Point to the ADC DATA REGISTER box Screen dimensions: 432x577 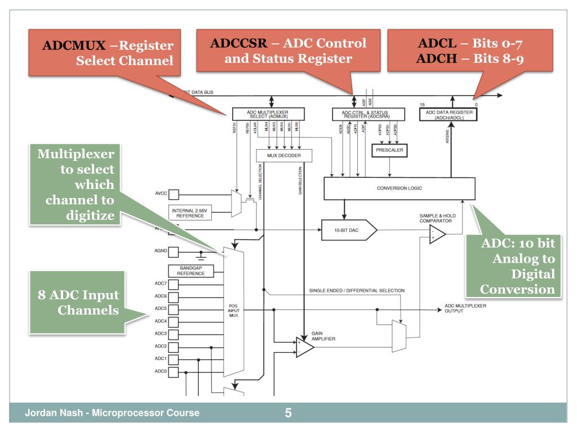point(447,114)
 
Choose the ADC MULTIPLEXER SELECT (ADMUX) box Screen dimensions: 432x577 point(271,114)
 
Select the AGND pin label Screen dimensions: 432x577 point(161,252)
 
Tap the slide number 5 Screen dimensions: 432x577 point(288,413)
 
